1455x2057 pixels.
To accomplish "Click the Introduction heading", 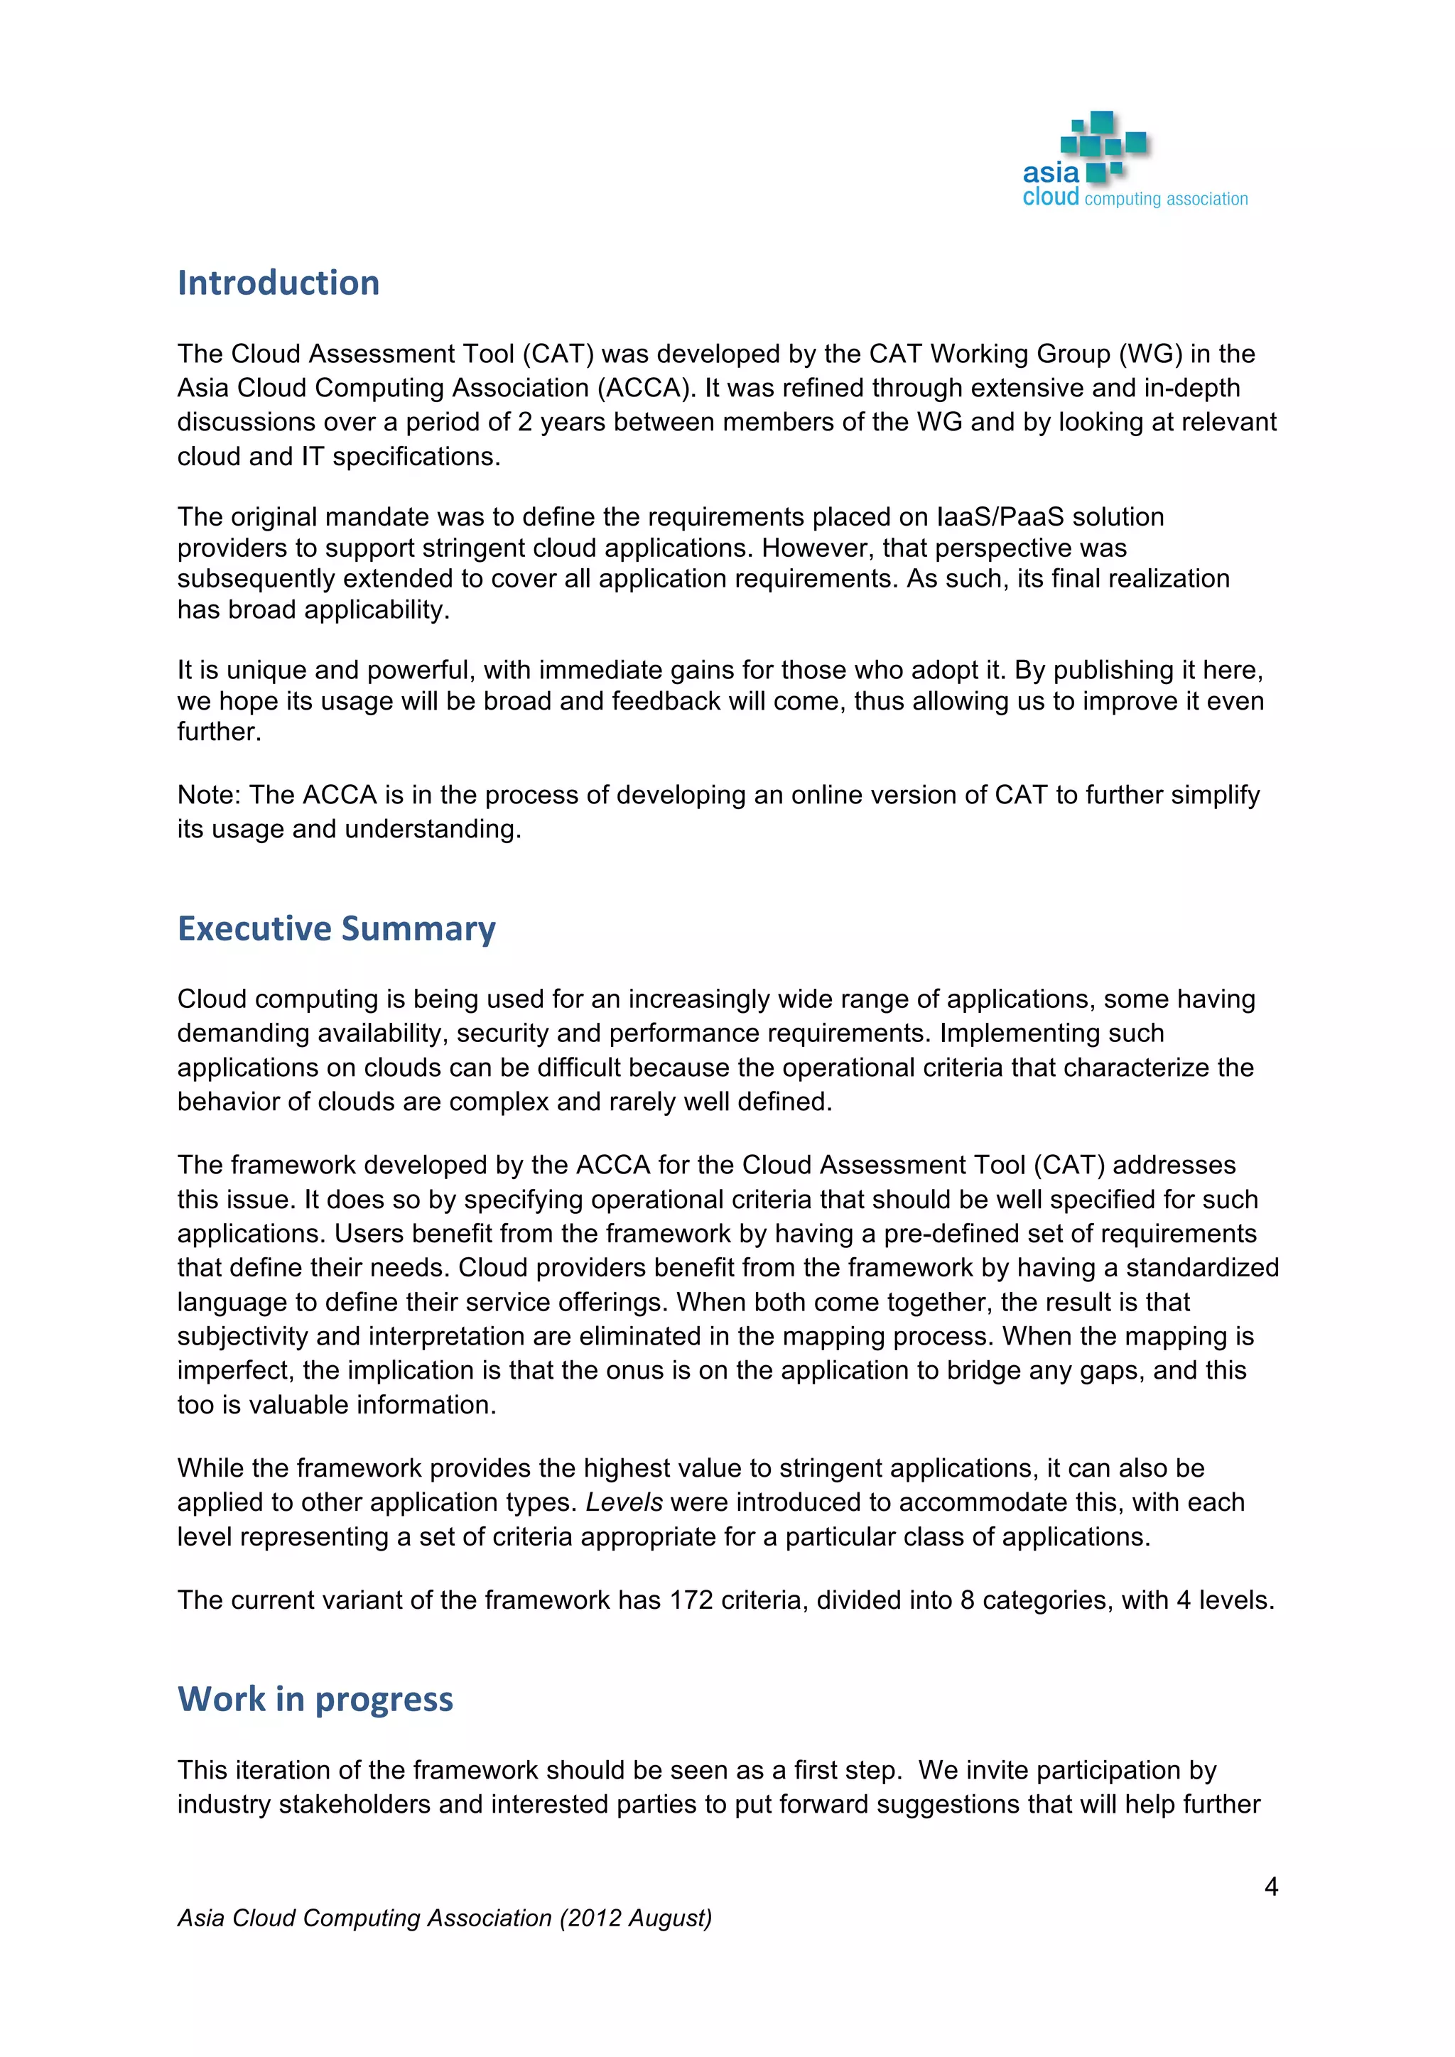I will pyautogui.click(x=278, y=283).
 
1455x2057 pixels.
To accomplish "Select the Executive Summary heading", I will pyautogui.click(x=336, y=929).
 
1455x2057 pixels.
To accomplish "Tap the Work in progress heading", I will pyautogui.click(x=315, y=1700).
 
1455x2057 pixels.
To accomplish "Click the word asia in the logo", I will pyautogui.click(x=1050, y=172).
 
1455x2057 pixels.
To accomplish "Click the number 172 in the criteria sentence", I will pyautogui.click(x=691, y=1600).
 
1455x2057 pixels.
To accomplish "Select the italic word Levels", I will pyautogui.click(x=624, y=1502).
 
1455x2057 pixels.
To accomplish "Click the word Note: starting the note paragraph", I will pyautogui.click(x=209, y=795).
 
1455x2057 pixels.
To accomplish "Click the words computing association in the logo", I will pyautogui.click(x=1166, y=199).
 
